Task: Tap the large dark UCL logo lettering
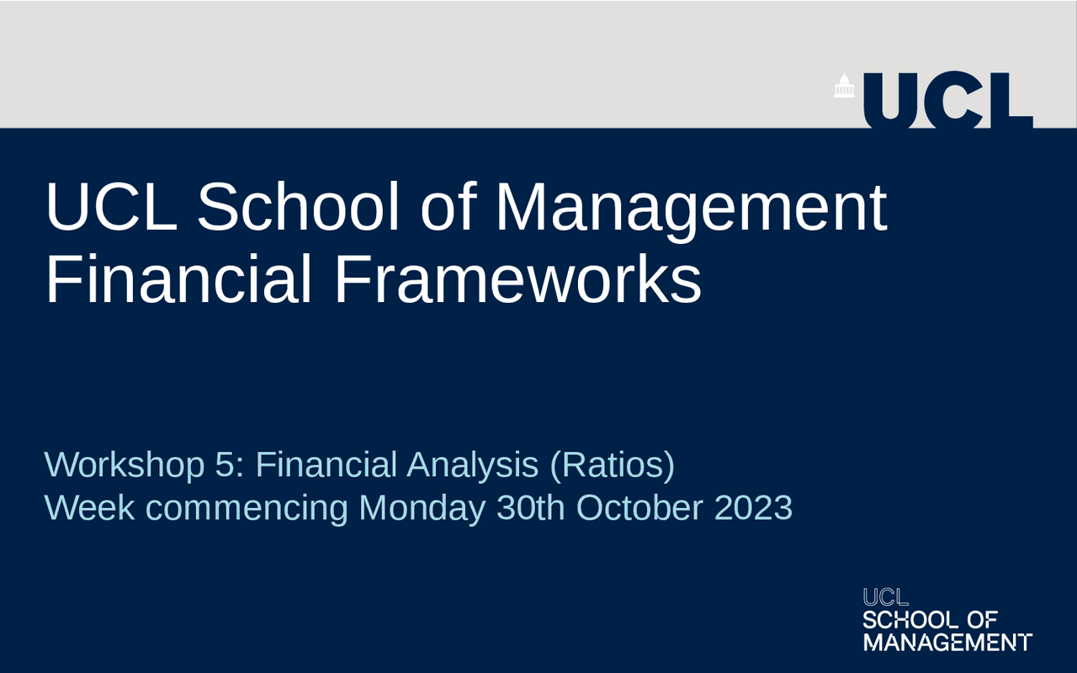point(948,101)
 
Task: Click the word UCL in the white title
point(112,207)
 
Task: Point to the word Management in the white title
point(691,211)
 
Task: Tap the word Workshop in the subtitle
point(125,465)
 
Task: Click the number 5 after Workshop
point(225,465)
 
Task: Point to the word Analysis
point(472,466)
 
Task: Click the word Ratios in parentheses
point(612,465)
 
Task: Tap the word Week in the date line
point(89,507)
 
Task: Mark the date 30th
point(530,507)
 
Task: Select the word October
point(639,507)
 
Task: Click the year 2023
point(753,507)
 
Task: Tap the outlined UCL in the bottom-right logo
point(886,597)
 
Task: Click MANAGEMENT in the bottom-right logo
point(947,642)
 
